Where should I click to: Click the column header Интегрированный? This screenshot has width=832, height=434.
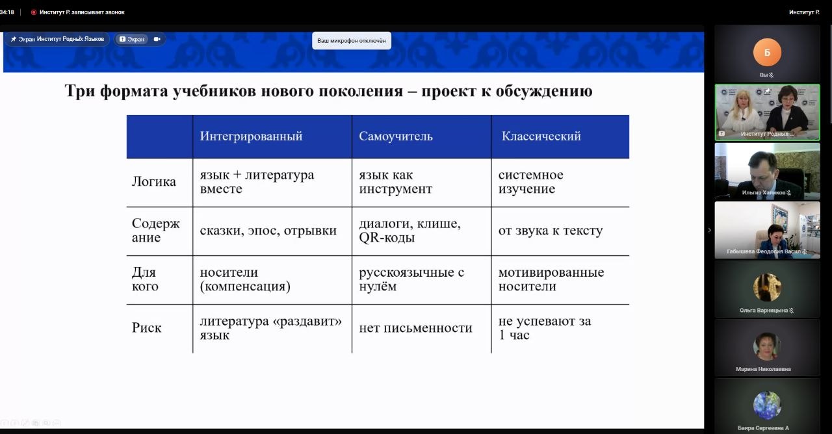pyautogui.click(x=251, y=136)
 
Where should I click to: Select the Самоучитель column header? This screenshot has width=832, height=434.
pyautogui.click(x=396, y=136)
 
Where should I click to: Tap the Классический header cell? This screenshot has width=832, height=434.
pyautogui.click(x=541, y=136)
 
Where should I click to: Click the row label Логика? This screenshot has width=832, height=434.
pyautogui.click(x=154, y=181)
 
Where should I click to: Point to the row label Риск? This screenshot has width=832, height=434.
pyautogui.click(x=147, y=328)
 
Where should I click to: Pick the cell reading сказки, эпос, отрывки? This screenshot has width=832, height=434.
pyautogui.click(x=268, y=231)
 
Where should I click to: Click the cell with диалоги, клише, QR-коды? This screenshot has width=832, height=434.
pyautogui.click(x=409, y=231)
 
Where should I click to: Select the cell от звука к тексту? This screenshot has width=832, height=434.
pyautogui.click(x=551, y=231)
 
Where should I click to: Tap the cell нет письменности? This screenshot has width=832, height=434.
pyautogui.click(x=415, y=328)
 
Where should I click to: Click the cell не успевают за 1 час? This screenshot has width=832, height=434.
pyautogui.click(x=545, y=328)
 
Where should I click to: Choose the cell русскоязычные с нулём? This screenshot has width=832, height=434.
pyautogui.click(x=411, y=279)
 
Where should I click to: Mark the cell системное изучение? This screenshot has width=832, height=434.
pyautogui.click(x=531, y=181)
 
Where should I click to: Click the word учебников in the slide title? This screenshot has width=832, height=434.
pyautogui.click(x=214, y=91)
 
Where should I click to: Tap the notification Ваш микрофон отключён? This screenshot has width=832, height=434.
pyautogui.click(x=352, y=40)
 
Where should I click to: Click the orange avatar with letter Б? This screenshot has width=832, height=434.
pyautogui.click(x=767, y=53)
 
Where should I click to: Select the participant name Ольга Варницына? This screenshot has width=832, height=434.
pyautogui.click(x=764, y=310)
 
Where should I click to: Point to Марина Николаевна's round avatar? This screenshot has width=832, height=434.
pyautogui.click(x=767, y=346)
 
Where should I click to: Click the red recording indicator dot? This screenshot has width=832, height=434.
pyautogui.click(x=33, y=12)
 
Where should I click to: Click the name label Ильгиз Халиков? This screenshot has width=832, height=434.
pyautogui.click(x=764, y=192)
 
